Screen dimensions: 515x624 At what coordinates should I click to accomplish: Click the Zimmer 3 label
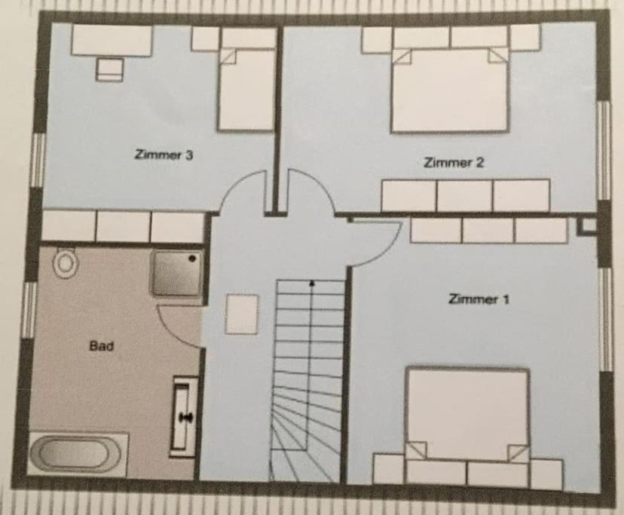coord(164,155)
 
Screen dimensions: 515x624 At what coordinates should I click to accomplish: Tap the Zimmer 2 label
coord(453,162)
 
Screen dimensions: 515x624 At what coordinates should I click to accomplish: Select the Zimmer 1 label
coord(479,299)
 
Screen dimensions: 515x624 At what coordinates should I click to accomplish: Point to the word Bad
coord(101,346)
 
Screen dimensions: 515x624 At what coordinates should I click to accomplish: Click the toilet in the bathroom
coord(66,262)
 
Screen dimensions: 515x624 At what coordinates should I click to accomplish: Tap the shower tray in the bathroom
coord(176,272)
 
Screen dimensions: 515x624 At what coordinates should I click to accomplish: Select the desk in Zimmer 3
coord(112,41)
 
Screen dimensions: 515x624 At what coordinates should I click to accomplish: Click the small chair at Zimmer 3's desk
coord(110,69)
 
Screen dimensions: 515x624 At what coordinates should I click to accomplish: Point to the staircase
coord(309,377)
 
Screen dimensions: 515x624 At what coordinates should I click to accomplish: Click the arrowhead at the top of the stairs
coord(311,284)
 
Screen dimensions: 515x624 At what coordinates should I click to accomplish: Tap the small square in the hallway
coord(241,314)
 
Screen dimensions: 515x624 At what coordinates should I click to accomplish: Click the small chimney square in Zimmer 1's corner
coord(586,225)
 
